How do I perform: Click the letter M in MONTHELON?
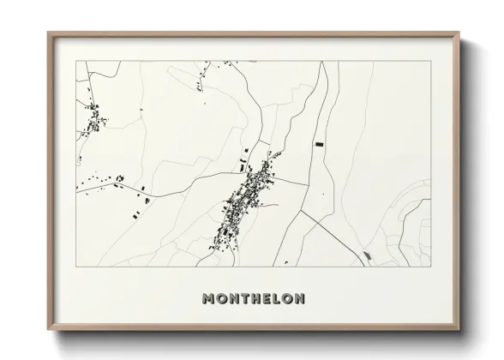pos(207,299)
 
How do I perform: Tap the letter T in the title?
pos(242,299)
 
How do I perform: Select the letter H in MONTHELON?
pos(253,299)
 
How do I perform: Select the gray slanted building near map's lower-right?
pos(368,255)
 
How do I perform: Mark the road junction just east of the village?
pos(305,183)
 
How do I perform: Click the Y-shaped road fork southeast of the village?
pos(302,211)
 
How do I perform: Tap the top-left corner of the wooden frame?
pos(48,33)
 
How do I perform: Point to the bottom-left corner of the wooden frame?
pos(48,328)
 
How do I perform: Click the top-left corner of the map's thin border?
pos(77,62)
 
